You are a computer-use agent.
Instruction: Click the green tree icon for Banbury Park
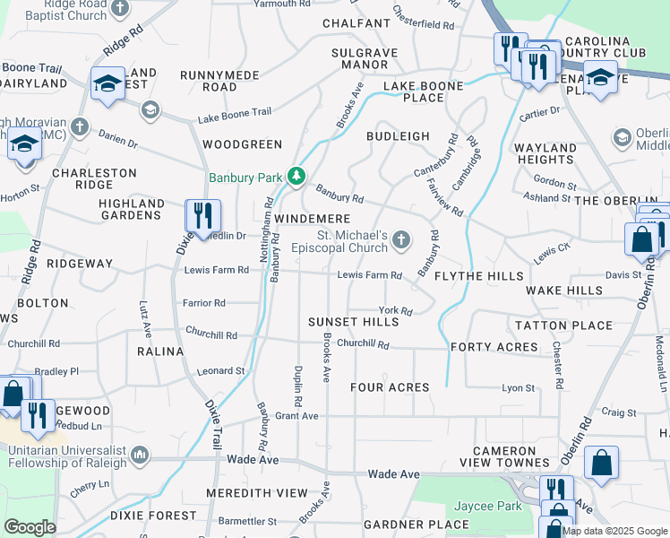296,178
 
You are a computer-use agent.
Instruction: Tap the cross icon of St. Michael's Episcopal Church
402,239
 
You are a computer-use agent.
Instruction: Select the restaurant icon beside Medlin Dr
202,215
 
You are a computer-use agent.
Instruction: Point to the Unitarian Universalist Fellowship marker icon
140,456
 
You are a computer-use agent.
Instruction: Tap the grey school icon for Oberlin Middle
623,137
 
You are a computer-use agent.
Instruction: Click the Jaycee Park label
488,507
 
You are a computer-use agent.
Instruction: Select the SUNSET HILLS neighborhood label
353,322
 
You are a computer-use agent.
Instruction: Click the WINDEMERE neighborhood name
312,219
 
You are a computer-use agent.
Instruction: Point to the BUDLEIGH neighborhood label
398,136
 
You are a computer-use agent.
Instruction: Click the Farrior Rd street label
204,303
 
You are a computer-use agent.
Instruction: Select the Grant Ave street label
296,416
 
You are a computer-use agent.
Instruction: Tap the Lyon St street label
518,388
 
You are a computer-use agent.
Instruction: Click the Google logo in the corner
30,527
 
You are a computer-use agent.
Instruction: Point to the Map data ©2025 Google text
614,530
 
